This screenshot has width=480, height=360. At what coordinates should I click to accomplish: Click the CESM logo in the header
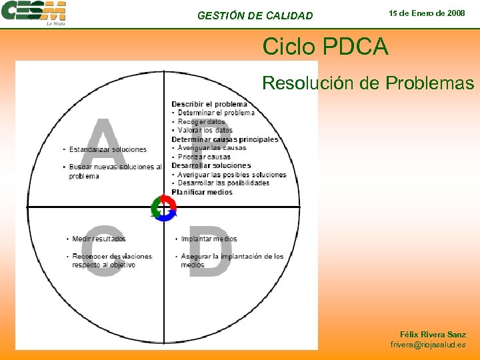[34, 13]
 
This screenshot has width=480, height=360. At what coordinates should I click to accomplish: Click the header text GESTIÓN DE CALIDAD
[255, 15]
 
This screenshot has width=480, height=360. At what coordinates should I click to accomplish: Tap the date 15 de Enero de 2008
[427, 13]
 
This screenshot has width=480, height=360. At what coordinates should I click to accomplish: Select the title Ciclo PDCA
[324, 47]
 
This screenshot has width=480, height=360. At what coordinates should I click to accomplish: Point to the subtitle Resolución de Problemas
[368, 83]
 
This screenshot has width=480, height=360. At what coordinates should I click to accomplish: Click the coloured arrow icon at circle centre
[163, 208]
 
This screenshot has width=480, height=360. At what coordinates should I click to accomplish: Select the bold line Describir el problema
[209, 104]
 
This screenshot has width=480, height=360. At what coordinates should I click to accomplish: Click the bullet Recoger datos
[201, 122]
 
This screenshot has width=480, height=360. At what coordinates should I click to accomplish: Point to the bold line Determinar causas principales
[225, 139]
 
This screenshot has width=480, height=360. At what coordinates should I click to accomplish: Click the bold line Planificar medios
[202, 192]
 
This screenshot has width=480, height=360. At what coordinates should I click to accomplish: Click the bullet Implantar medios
[209, 239]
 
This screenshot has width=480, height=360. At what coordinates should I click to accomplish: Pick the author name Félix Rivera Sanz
[433, 335]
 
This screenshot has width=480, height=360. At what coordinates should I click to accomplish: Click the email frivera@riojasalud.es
[428, 345]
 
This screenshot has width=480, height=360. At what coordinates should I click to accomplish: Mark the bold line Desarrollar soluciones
[211, 165]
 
